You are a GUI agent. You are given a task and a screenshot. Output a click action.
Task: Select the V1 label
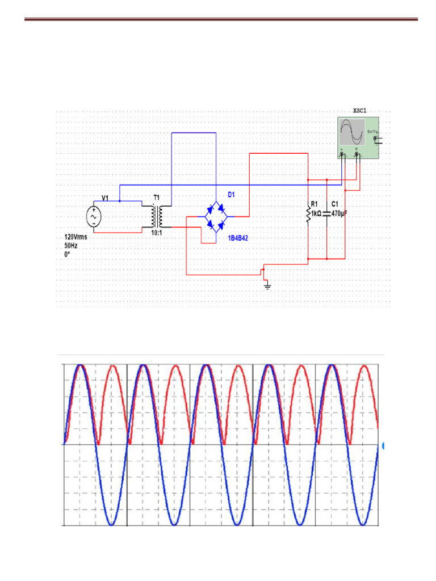(105, 197)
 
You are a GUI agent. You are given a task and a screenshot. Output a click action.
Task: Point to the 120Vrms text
(76, 237)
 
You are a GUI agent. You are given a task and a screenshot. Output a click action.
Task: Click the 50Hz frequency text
(71, 246)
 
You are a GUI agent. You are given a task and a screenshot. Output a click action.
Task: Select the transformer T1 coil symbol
(156, 216)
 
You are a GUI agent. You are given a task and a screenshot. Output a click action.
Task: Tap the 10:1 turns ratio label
(156, 233)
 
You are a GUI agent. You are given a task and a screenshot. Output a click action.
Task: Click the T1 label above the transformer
(156, 197)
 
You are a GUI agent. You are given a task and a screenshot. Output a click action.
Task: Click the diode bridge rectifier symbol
(216, 216)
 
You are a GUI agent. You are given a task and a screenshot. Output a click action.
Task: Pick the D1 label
(232, 195)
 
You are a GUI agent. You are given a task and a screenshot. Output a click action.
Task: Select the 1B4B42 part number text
(238, 239)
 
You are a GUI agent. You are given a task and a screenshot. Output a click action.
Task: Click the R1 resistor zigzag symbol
(308, 215)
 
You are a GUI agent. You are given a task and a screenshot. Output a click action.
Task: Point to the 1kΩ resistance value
(317, 213)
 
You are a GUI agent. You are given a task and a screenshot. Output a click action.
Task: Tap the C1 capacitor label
(335, 204)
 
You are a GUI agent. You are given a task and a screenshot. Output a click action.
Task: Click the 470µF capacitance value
(339, 213)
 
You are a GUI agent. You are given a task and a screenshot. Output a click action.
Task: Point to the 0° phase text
(67, 255)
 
